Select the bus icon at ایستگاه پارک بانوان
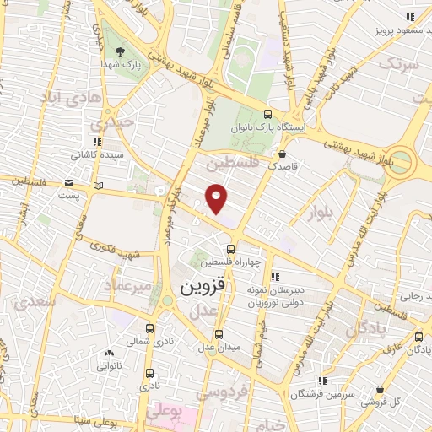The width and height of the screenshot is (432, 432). (268, 115)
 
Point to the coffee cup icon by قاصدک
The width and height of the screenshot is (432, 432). (282, 154)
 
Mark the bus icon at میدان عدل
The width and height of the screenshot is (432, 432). (219, 333)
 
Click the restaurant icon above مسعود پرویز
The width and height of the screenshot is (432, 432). (411, 17)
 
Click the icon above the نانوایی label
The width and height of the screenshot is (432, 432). (109, 354)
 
